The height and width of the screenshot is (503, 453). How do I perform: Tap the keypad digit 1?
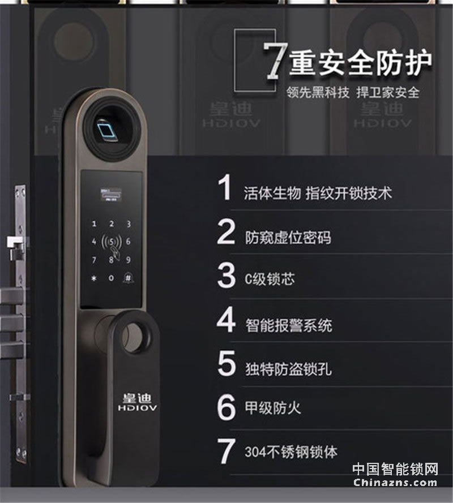click(x=94, y=225)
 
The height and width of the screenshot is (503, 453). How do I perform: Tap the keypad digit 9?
click(x=129, y=260)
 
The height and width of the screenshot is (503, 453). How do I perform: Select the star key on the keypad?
click(x=94, y=278)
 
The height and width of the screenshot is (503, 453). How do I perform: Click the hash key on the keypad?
click(x=129, y=278)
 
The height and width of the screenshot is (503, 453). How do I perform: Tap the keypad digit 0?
click(x=111, y=278)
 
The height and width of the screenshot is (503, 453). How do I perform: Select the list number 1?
click(x=225, y=189)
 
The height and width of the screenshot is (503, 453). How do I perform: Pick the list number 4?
click(x=226, y=321)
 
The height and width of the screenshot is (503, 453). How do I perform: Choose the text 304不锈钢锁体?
click(x=291, y=452)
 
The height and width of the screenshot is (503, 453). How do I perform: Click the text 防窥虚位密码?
click(x=288, y=237)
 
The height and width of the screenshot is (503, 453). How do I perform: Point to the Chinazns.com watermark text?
click(x=395, y=483)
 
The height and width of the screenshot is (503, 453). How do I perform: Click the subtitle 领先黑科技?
click(x=318, y=92)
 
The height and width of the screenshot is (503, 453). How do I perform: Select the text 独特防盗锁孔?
click(x=288, y=368)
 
